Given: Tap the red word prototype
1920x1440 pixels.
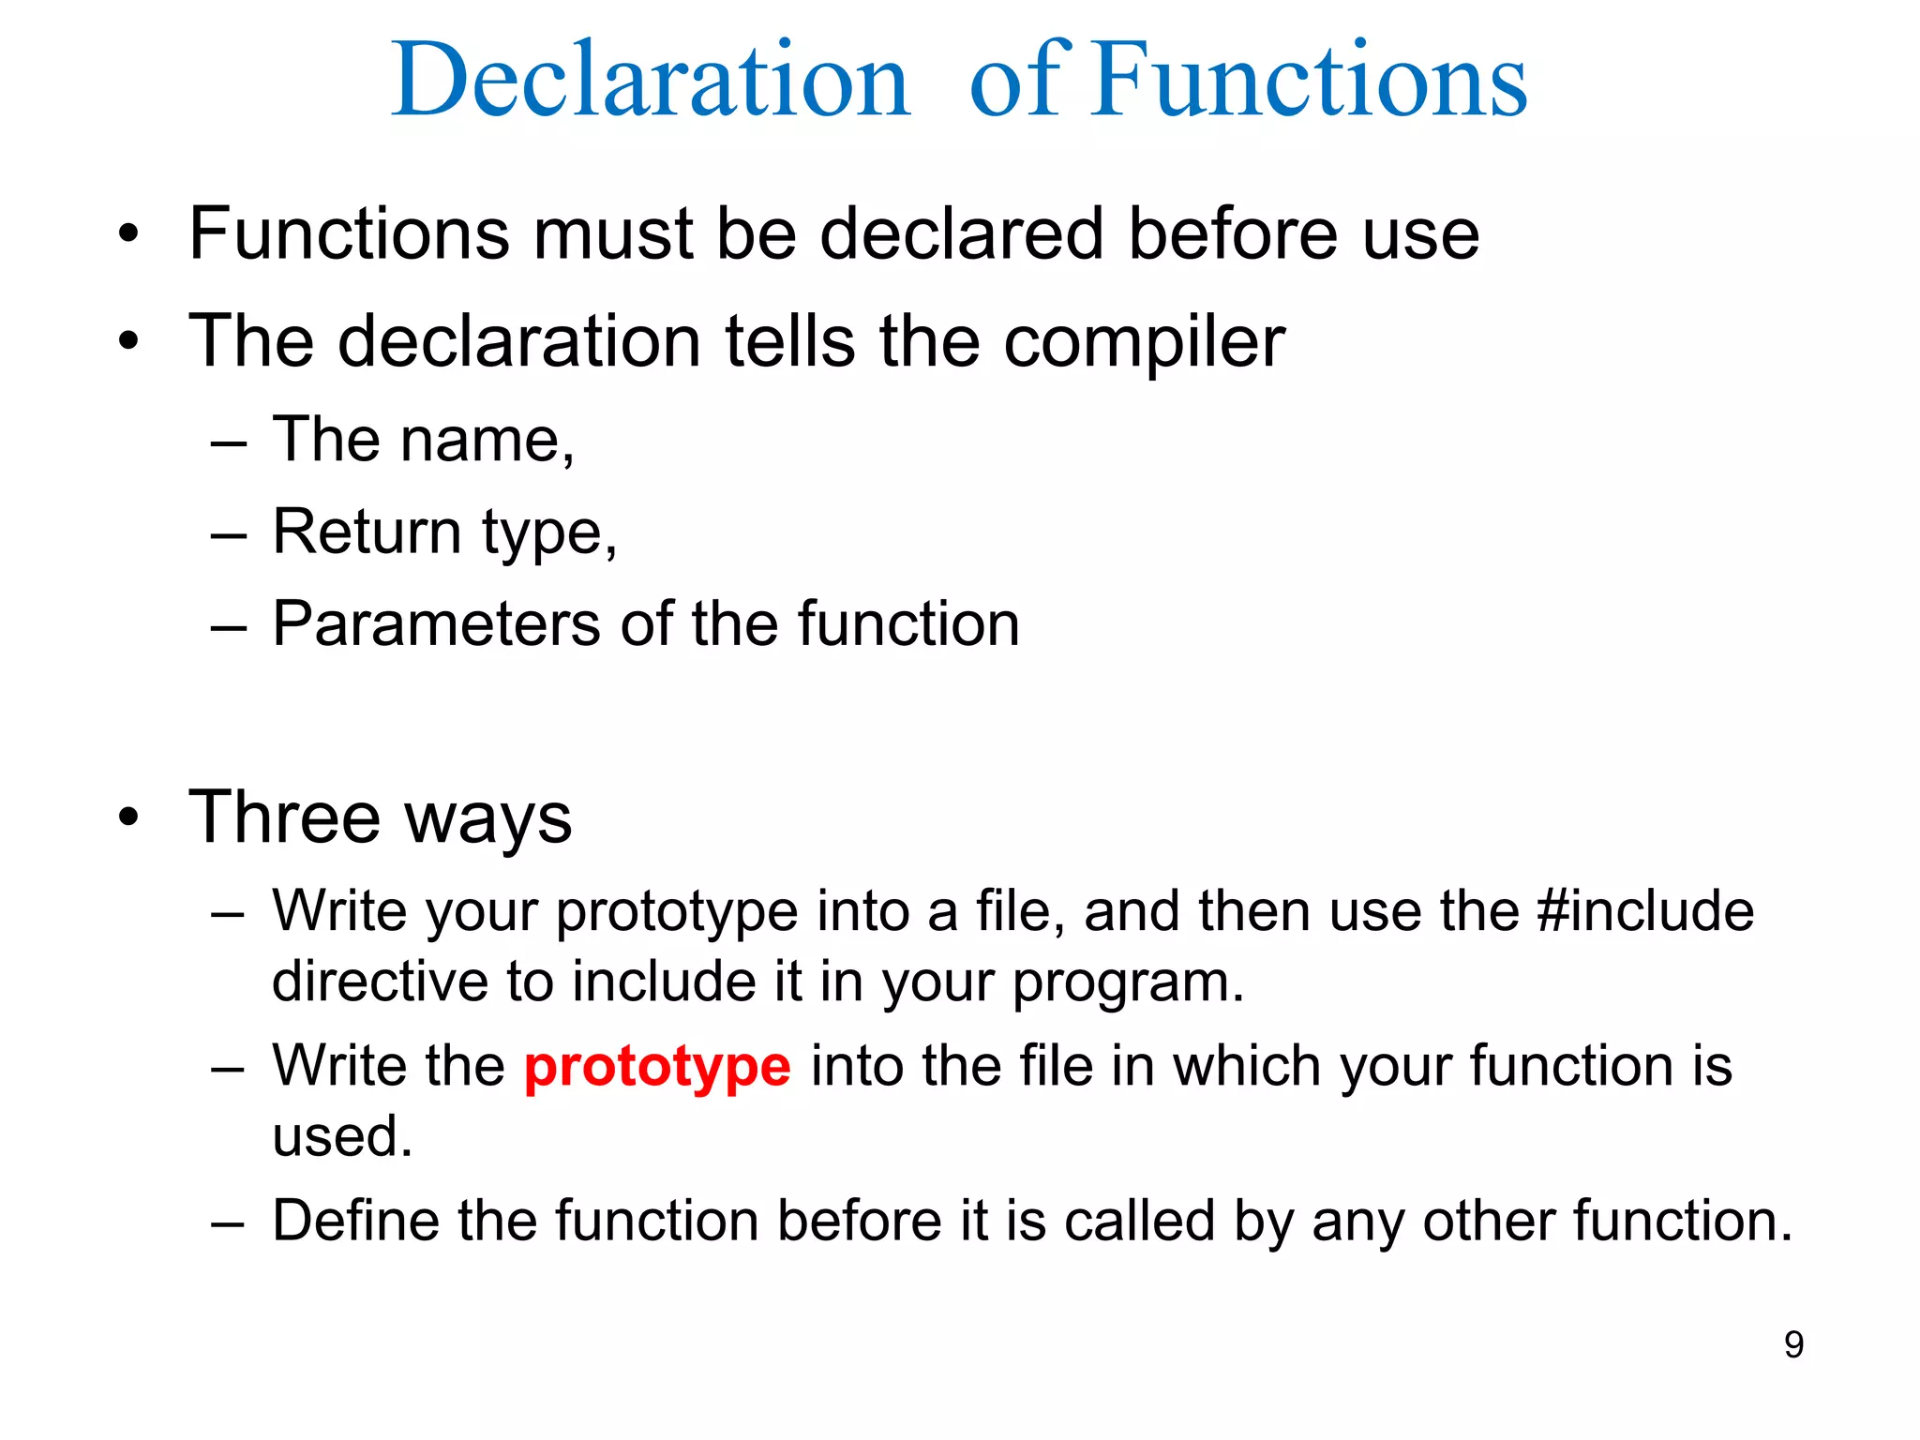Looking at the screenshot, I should click(x=657, y=1067).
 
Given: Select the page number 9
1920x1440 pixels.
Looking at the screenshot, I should click(x=1793, y=1344).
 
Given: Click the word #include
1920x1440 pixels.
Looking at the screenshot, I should click(x=1645, y=910).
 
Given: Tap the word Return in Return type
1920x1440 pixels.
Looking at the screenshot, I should click(x=366, y=532).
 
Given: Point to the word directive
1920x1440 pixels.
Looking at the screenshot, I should click(x=379, y=982).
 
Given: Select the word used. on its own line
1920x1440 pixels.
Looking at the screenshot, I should click(x=342, y=1136).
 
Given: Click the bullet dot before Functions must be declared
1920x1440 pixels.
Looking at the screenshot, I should click(x=129, y=234).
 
